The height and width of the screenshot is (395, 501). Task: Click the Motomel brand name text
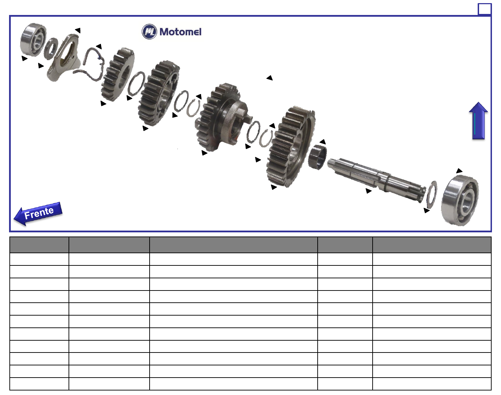(181, 32)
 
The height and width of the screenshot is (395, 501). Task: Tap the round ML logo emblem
(149, 31)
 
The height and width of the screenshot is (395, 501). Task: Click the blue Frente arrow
(38, 214)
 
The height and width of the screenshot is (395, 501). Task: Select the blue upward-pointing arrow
(478, 121)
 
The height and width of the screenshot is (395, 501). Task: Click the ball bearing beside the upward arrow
(460, 201)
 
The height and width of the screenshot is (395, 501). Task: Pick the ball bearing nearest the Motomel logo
(33, 40)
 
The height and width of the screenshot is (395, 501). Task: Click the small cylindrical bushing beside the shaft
(317, 157)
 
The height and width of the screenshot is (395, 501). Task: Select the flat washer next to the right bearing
(431, 193)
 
